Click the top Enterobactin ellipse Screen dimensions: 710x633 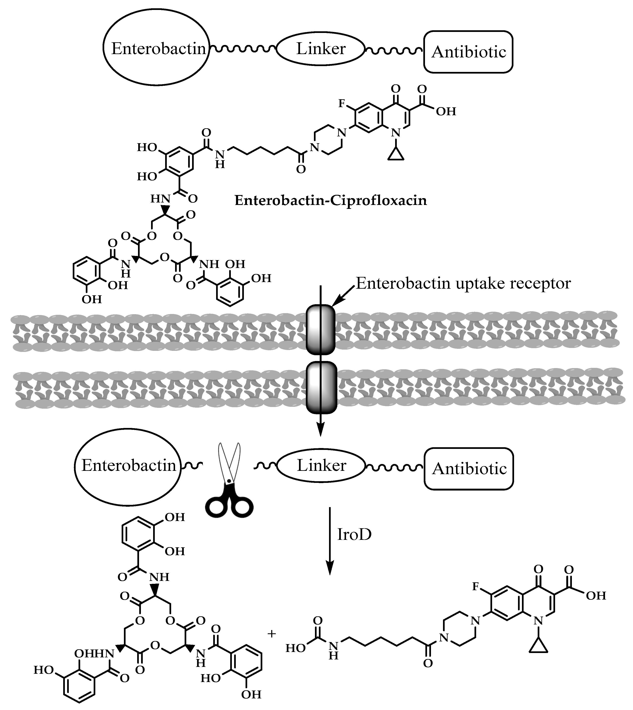tap(156, 49)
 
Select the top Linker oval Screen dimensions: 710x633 tap(321, 49)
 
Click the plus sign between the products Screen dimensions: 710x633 tap(272, 634)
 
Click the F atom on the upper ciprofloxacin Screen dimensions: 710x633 tap(342, 104)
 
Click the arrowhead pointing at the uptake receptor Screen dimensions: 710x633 tap(336, 303)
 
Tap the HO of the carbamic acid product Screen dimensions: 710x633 tap(296, 648)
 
